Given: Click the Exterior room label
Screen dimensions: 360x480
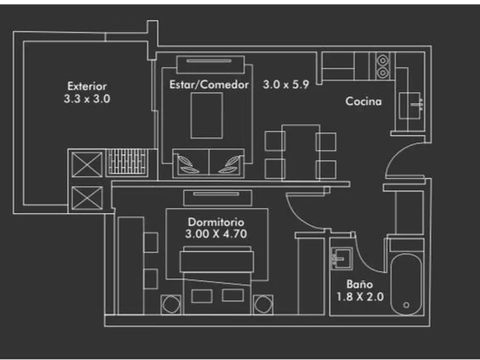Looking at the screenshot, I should pyautogui.click(x=87, y=86).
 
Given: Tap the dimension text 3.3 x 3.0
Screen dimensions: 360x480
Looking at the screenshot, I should pyautogui.click(x=87, y=99).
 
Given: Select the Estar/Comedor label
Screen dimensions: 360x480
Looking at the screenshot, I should pyautogui.click(x=209, y=85).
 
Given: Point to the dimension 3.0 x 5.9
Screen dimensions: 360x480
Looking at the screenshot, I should pyautogui.click(x=285, y=85).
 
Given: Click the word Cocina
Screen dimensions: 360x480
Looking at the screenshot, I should pyautogui.click(x=363, y=101).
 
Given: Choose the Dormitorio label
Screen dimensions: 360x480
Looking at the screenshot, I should pyautogui.click(x=216, y=222).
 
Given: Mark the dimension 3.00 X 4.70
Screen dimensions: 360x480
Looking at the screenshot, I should pyautogui.click(x=216, y=234).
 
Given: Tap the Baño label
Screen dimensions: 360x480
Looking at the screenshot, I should pyautogui.click(x=360, y=284).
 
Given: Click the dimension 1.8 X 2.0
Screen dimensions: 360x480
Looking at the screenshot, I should pyautogui.click(x=360, y=296).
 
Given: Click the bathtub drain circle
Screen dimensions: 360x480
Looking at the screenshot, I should pyautogui.click(x=406, y=305).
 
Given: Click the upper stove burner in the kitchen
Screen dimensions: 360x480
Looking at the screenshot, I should pyautogui.click(x=382, y=60).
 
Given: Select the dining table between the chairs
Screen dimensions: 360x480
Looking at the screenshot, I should pyautogui.click(x=300, y=152).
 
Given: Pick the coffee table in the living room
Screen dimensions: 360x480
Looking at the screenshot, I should pyautogui.click(x=207, y=115).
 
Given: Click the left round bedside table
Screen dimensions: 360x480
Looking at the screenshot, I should pyautogui.click(x=171, y=304).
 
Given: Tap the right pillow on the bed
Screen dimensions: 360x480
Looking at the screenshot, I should pyautogui.click(x=232, y=295).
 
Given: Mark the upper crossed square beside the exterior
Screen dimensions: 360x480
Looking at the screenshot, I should pyautogui.click(x=87, y=164).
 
